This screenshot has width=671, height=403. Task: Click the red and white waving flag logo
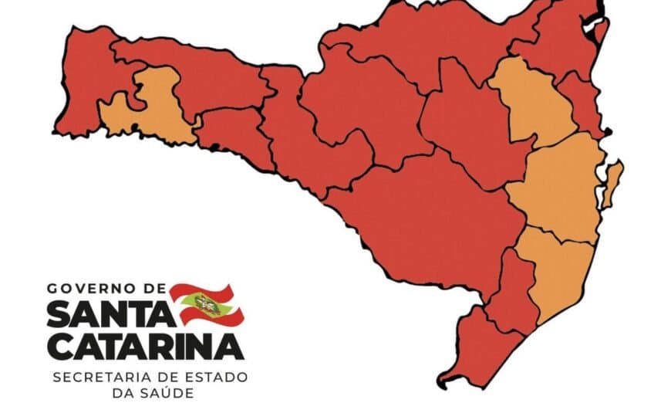coord(206,304)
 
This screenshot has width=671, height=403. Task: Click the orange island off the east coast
coord(613,184)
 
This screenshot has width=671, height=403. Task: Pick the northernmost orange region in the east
coord(532,100)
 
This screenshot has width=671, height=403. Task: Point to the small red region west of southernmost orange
coord(513,293)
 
